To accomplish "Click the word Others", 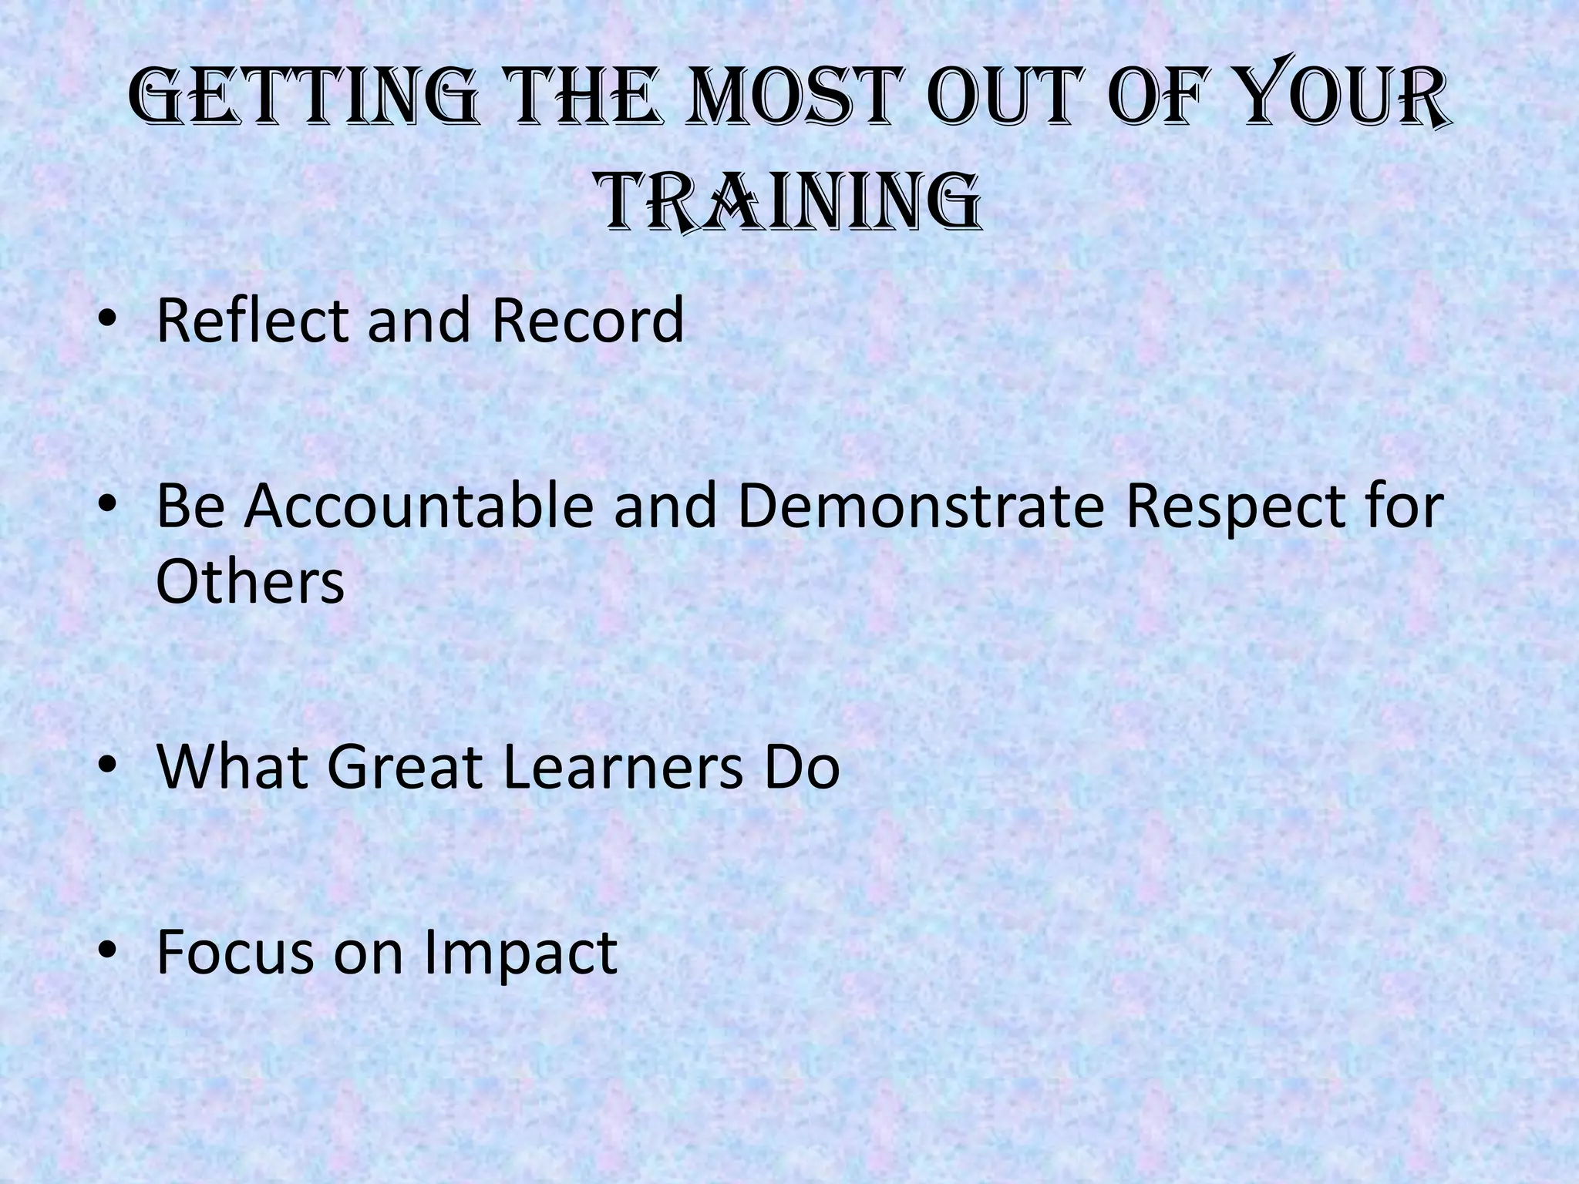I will tap(250, 581).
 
